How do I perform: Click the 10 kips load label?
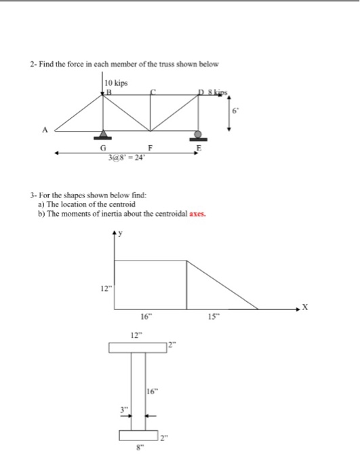(117, 83)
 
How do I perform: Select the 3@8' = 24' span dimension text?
(125, 157)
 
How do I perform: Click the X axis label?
(304, 307)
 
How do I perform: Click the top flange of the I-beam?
(138, 348)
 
